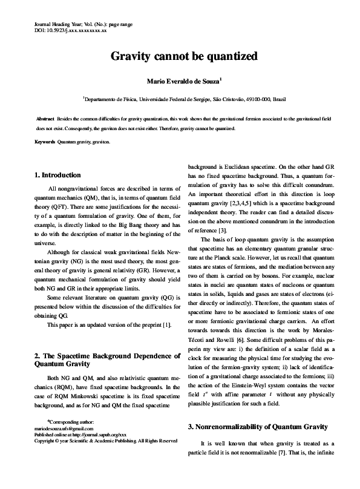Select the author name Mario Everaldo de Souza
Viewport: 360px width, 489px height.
point(179,80)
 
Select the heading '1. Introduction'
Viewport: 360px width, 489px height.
point(59,176)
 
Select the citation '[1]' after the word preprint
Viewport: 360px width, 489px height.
point(165,325)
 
